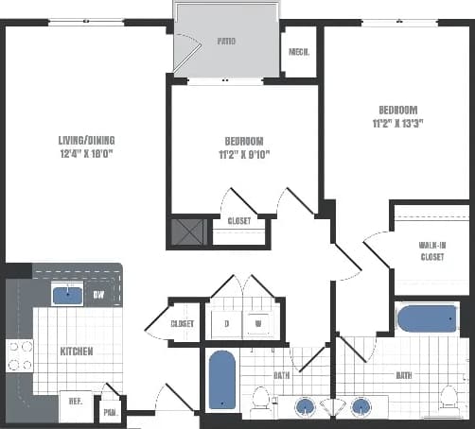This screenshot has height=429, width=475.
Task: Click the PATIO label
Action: pyautogui.click(x=225, y=42)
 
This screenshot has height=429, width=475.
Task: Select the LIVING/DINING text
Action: pyautogui.click(x=86, y=141)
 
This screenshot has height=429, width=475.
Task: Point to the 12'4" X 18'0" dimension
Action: pyautogui.click(x=86, y=154)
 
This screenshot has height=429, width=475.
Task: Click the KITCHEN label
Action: pyautogui.click(x=76, y=351)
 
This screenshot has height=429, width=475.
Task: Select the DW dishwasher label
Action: pyautogui.click(x=98, y=295)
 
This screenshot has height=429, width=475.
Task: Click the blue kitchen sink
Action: pyautogui.click(x=66, y=296)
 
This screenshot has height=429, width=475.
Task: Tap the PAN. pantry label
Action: pyautogui.click(x=111, y=412)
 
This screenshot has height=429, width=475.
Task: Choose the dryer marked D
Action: pyautogui.click(x=225, y=323)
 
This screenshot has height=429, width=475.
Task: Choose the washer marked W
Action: pyautogui.click(x=257, y=323)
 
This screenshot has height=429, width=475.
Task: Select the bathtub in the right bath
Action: pyautogui.click(x=426, y=319)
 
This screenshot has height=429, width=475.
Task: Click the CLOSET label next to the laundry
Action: pyautogui.click(x=182, y=323)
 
